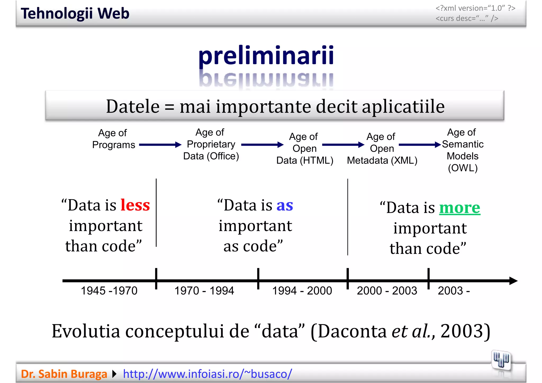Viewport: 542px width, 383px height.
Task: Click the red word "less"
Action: tap(135, 205)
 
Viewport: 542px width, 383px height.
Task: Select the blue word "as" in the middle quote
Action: tap(285, 206)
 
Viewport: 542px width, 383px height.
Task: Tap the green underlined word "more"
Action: tap(460, 208)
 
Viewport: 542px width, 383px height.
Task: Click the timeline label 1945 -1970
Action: tap(109, 291)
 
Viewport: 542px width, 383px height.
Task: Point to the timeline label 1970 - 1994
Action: tap(204, 291)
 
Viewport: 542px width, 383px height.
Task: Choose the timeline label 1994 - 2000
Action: tap(302, 291)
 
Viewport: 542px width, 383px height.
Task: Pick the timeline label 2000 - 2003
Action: tap(387, 291)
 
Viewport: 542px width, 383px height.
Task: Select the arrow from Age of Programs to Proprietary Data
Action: tap(160, 145)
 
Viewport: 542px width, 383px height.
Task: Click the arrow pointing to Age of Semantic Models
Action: tap(419, 145)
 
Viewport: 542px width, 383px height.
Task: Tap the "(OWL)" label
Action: tap(463, 168)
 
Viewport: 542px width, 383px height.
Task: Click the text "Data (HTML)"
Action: tap(305, 161)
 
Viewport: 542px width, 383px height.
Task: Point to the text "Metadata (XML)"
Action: tap(382, 161)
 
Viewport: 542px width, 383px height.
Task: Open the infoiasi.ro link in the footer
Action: tap(207, 374)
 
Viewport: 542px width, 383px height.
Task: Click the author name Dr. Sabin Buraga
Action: tap(64, 374)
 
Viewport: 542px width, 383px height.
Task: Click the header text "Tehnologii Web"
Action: tap(75, 13)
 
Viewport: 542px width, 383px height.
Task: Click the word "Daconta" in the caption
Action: tap(352, 331)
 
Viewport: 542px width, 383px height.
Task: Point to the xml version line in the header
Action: tap(475, 8)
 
